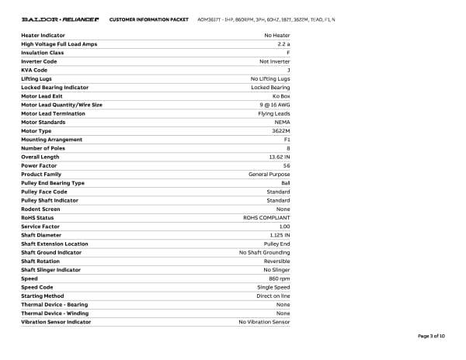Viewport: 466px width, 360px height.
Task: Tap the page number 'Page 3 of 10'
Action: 431,336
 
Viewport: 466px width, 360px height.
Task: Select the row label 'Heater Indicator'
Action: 43,36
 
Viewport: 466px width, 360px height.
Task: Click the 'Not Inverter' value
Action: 275,61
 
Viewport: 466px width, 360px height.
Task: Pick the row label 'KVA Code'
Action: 34,70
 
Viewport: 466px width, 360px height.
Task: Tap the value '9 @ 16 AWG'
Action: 274,105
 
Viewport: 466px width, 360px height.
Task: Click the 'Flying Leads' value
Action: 274,113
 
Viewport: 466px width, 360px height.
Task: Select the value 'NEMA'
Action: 282,123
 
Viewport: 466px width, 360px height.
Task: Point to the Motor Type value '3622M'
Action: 281,131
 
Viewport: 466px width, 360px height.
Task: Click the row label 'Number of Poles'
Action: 42,148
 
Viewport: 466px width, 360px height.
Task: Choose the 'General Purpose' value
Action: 270,175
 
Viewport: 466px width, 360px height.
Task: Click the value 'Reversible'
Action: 276,261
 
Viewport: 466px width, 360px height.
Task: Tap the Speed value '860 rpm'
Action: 279,279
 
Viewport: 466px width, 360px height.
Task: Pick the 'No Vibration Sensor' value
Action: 264,322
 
